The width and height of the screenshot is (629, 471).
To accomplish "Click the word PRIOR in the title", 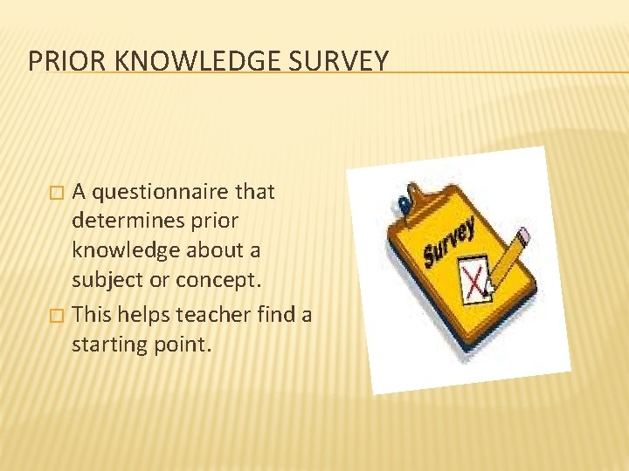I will [x=60, y=61].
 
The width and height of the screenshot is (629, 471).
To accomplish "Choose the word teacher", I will [x=216, y=314].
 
